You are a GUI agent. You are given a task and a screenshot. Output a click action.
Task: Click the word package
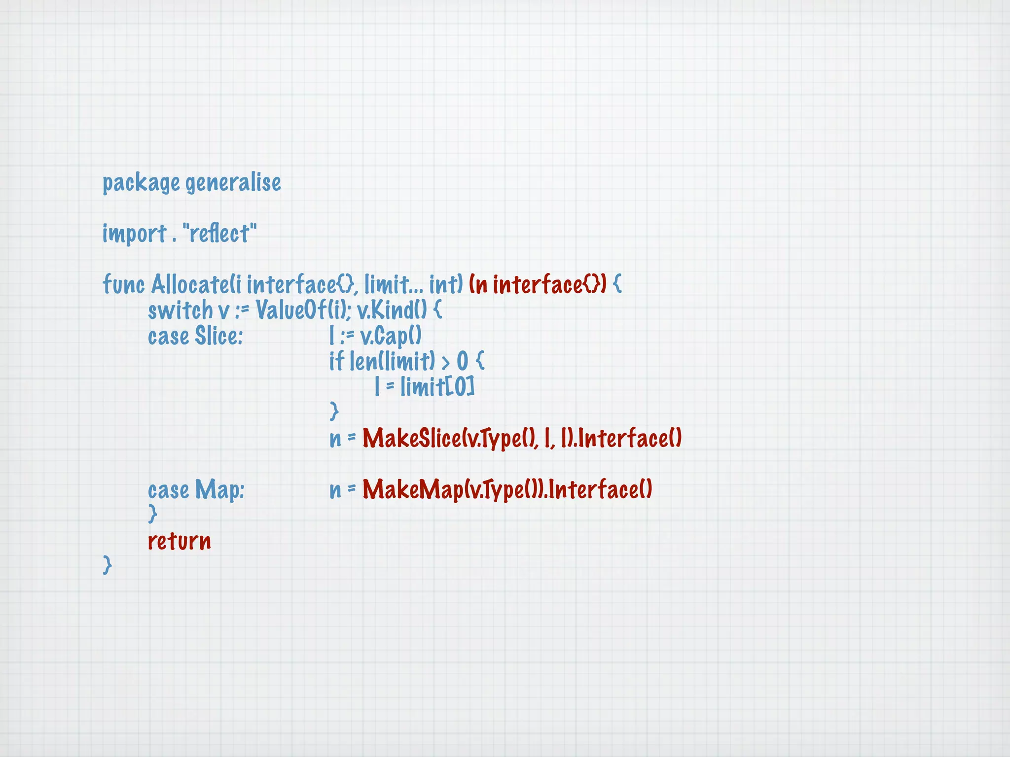tap(141, 183)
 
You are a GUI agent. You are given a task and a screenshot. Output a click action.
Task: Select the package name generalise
tap(233, 183)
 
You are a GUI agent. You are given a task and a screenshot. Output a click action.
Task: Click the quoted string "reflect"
tap(219, 234)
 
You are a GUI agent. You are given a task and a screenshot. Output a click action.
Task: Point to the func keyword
tap(123, 284)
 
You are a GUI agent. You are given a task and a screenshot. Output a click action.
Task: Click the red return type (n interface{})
tap(537, 284)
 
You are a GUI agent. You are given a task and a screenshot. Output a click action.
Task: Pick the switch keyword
tap(180, 310)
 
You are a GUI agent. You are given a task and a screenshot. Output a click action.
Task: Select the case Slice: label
tap(195, 337)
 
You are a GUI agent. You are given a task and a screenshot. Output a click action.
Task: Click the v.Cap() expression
tap(391, 337)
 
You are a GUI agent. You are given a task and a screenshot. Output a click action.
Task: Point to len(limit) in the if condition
tap(392, 362)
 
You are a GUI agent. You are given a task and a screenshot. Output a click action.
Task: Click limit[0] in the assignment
tap(437, 387)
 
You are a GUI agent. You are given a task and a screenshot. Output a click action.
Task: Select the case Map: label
tap(196, 490)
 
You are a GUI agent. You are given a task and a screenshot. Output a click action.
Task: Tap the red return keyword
tap(180, 541)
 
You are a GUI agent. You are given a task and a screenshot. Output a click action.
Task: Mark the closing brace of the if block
tap(334, 411)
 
